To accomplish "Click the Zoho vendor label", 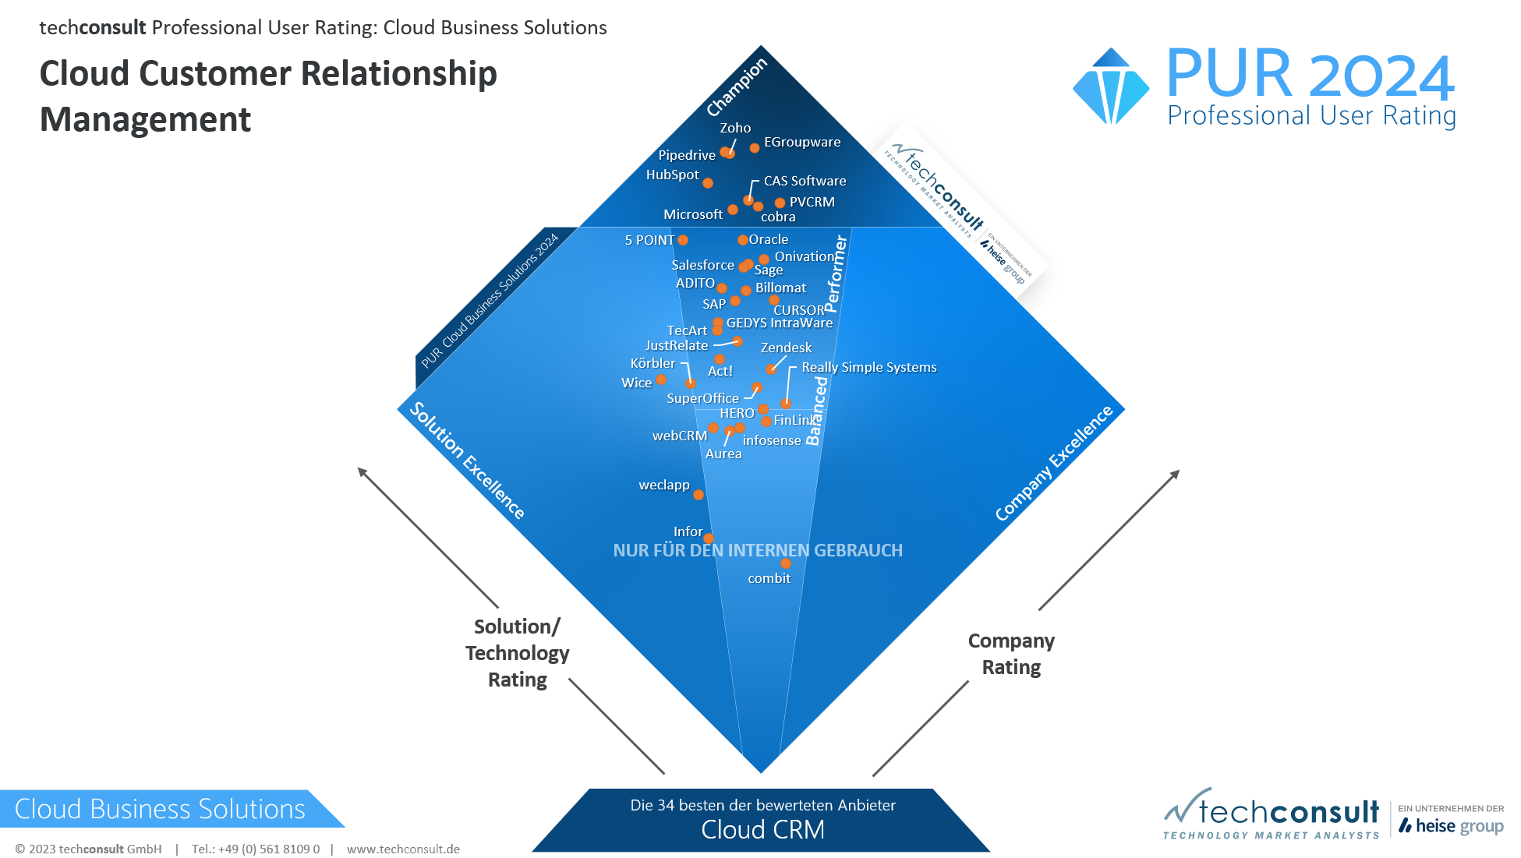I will click(x=735, y=128).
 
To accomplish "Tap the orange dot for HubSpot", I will click(x=708, y=183).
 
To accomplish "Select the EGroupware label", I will click(x=802, y=142).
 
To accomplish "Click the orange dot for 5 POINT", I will click(x=683, y=240).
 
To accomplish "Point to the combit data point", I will click(x=786, y=563).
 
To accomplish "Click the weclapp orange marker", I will click(x=699, y=495).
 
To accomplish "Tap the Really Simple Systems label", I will click(x=868, y=367).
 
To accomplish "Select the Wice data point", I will click(x=661, y=380).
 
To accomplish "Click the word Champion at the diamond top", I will click(x=737, y=87).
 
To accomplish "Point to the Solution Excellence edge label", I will click(x=467, y=460).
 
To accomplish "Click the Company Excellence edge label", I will click(x=1054, y=463).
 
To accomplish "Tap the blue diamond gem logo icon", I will click(x=1111, y=87).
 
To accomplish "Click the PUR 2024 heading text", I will click(x=1310, y=75).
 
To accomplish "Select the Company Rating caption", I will click(x=1011, y=654).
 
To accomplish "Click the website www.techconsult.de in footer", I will click(x=403, y=849).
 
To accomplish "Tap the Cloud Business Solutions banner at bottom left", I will click(x=160, y=809).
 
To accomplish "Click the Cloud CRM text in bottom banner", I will click(x=762, y=830).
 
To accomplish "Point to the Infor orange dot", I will click(x=709, y=538).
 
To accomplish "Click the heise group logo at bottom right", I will click(x=1451, y=825).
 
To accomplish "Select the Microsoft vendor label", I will click(x=693, y=214).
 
